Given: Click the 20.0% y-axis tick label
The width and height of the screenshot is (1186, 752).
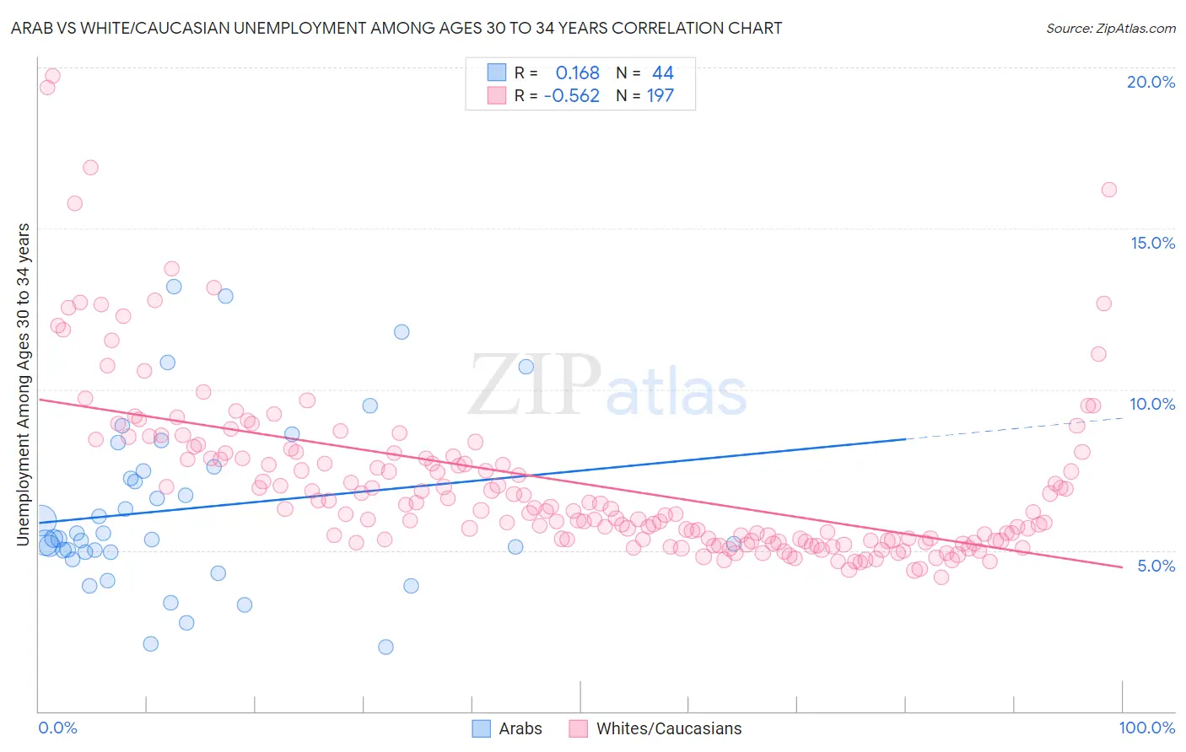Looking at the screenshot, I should [1151, 82].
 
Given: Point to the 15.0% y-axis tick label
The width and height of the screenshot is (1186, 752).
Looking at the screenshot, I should [1152, 243].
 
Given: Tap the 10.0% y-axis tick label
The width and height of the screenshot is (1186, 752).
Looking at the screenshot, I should [1152, 404].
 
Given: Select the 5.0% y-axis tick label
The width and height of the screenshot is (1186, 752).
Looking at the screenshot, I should [1156, 566].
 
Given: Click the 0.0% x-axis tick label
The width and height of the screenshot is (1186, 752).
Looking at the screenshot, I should [57, 728].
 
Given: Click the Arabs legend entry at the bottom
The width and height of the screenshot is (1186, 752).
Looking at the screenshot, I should [520, 728].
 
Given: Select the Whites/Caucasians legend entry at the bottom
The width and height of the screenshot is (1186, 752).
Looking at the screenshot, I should [668, 728].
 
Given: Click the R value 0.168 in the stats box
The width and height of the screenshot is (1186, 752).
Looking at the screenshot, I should [577, 73].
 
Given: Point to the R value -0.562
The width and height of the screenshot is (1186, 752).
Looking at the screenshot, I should [571, 96].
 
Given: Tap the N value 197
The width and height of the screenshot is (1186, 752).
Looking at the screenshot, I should [660, 96].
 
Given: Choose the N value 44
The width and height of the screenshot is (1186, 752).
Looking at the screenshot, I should [663, 73].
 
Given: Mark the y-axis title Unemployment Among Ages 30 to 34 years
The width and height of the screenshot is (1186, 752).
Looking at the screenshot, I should [24, 384].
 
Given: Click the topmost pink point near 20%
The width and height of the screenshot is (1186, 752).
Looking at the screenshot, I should [52, 76].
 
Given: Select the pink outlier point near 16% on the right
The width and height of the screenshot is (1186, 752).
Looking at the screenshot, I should [1109, 190].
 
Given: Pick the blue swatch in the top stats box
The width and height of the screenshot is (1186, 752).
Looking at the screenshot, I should [497, 73].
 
